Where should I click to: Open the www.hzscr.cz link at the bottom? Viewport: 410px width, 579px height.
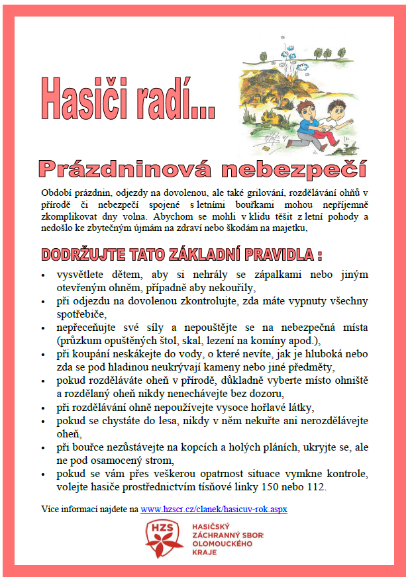(214, 510)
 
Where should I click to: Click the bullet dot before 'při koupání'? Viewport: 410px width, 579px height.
(43, 355)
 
